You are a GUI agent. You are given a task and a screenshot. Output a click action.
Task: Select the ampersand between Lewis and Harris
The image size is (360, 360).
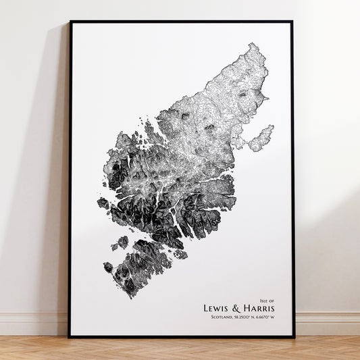(x=239, y=309)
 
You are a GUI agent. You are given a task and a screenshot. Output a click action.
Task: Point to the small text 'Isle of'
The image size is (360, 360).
(x=267, y=300)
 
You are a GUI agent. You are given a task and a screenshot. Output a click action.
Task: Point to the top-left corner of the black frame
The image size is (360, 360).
(x=70, y=22)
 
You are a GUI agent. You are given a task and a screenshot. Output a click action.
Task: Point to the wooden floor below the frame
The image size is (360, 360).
(x=180, y=349)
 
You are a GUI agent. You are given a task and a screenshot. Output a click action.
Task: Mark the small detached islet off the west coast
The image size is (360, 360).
(x=103, y=203)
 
